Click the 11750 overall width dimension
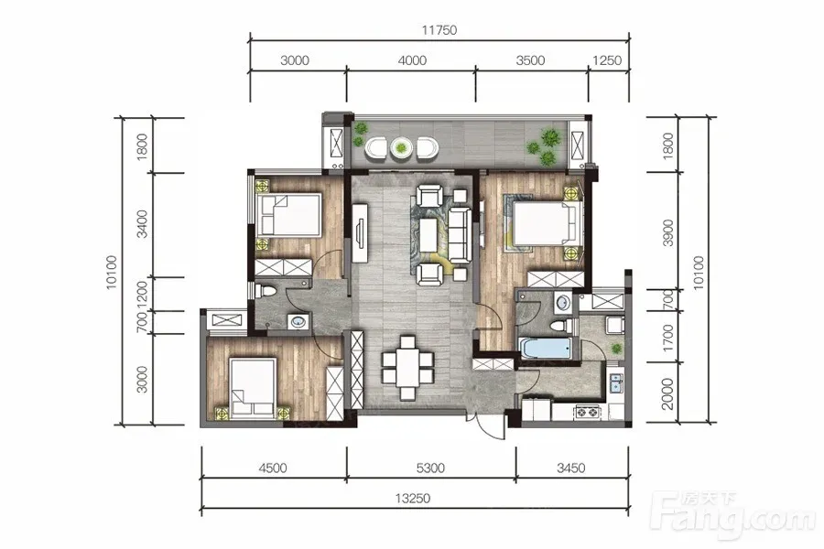pyautogui.click(x=439, y=30)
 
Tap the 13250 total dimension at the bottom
pyautogui.click(x=413, y=498)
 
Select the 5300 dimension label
pyautogui.click(x=430, y=468)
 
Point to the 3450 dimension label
pyautogui.click(x=570, y=468)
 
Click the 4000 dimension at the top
pyautogui.click(x=412, y=60)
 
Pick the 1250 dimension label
pyautogui.click(x=607, y=60)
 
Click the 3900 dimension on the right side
pyautogui.click(x=667, y=232)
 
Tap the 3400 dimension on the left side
pyautogui.click(x=142, y=224)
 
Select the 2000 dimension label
pyautogui.click(x=667, y=394)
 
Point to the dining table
pyautogui.click(x=407, y=368)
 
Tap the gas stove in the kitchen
pyautogui.click(x=589, y=412)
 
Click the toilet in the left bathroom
pyautogui.click(x=265, y=291)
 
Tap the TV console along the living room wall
pyautogui.click(x=360, y=231)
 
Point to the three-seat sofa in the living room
pyautogui.click(x=460, y=235)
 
